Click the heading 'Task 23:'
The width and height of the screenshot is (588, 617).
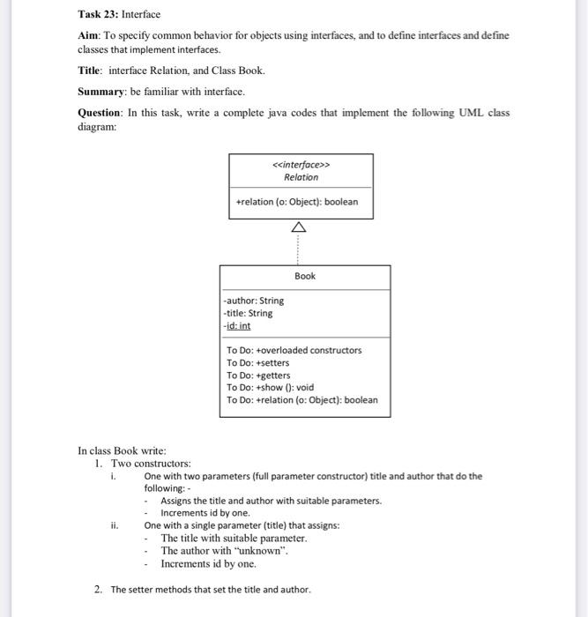[98, 14]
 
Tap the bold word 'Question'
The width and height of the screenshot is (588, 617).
[100, 113]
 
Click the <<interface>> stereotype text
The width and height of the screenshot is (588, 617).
[301, 164]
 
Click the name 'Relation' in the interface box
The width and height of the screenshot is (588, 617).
[301, 177]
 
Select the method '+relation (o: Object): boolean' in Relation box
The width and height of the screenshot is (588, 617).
[297, 202]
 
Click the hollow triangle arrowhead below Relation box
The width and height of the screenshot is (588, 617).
[301, 227]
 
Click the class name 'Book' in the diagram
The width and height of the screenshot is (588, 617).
[305, 276]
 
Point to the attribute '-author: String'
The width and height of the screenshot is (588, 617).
[254, 301]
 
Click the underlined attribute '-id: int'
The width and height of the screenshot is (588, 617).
[238, 325]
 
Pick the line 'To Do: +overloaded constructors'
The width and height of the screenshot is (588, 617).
[294, 350]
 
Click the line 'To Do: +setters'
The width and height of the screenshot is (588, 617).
[257, 362]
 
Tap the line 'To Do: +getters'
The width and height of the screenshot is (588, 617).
[257, 375]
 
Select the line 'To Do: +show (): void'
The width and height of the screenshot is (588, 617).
[270, 387]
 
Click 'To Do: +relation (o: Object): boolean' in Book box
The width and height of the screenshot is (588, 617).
[301, 399]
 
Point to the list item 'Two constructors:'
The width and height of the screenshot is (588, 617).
[150, 464]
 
